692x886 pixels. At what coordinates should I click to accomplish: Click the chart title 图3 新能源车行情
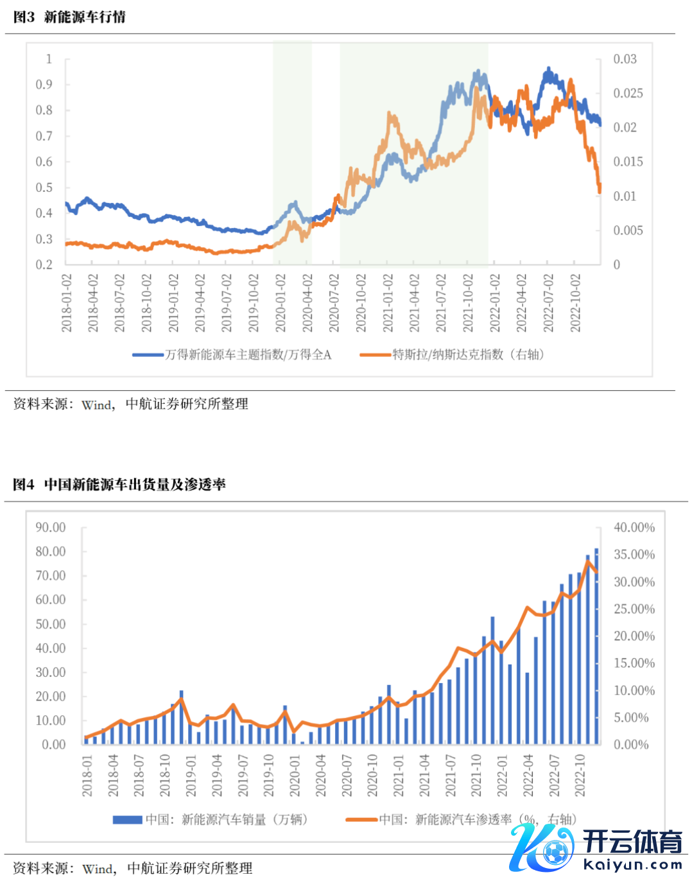69,17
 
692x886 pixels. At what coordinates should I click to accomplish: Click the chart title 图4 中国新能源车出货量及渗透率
119,485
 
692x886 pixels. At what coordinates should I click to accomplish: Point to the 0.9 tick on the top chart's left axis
44,85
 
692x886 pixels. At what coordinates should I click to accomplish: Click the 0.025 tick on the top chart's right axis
628,94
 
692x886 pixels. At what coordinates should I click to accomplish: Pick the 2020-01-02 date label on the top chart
281,303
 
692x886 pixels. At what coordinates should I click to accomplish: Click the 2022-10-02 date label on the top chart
575,303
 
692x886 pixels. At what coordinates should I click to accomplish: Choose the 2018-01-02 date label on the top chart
66,303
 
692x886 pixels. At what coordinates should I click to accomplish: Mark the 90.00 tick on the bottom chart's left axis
51,528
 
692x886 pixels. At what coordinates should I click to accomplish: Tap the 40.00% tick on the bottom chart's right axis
634,528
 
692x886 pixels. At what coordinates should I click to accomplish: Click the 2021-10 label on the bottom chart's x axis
476,775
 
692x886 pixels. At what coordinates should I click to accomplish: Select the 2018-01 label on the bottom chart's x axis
87,775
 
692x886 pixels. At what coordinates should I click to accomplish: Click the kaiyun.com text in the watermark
632,865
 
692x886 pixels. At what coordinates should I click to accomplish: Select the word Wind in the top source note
97,405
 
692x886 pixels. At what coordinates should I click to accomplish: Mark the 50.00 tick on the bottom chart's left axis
51,624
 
